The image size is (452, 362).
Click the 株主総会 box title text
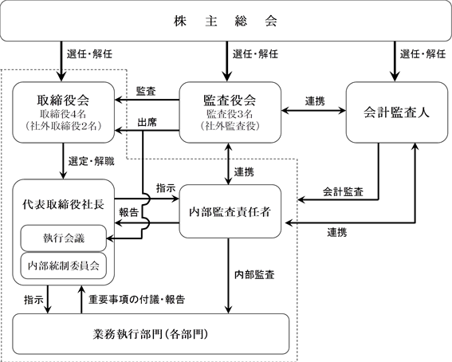coord(226,21)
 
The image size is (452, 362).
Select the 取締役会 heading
coord(63,100)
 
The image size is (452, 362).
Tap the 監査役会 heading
coord(230,100)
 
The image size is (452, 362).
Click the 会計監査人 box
coord(397,112)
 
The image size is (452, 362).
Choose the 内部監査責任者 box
coord(230,211)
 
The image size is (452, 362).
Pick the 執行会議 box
coord(64,238)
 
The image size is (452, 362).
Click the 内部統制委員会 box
coord(64,266)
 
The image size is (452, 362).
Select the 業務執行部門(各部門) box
coord(151,334)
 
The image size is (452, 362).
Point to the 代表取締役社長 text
coord(64,204)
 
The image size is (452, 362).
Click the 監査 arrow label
coord(146,92)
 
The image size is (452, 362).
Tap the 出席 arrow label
coord(147,123)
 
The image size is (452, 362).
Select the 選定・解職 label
coord(92,161)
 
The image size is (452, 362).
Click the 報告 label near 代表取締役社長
coord(129,212)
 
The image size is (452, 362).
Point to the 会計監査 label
coord(343,191)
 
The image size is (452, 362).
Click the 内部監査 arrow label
coord(254,274)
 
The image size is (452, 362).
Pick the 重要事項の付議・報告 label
coord(136,300)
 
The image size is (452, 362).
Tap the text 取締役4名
coord(63,114)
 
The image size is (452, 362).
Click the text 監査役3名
coord(230,114)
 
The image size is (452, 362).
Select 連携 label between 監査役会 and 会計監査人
coord(315,101)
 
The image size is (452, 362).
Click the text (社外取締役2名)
coord(63,126)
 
